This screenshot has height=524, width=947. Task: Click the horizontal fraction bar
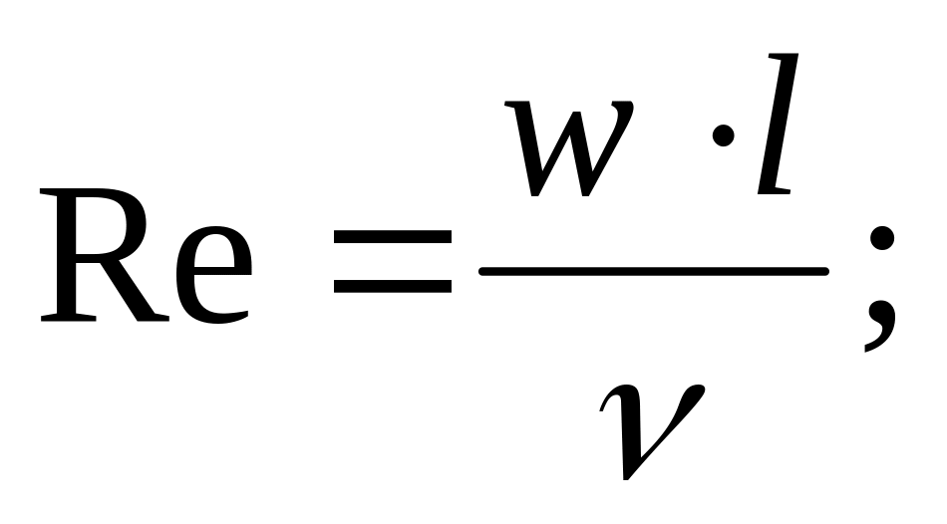point(653,271)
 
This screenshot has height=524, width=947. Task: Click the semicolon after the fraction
point(877,284)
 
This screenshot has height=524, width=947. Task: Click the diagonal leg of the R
point(140,289)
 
